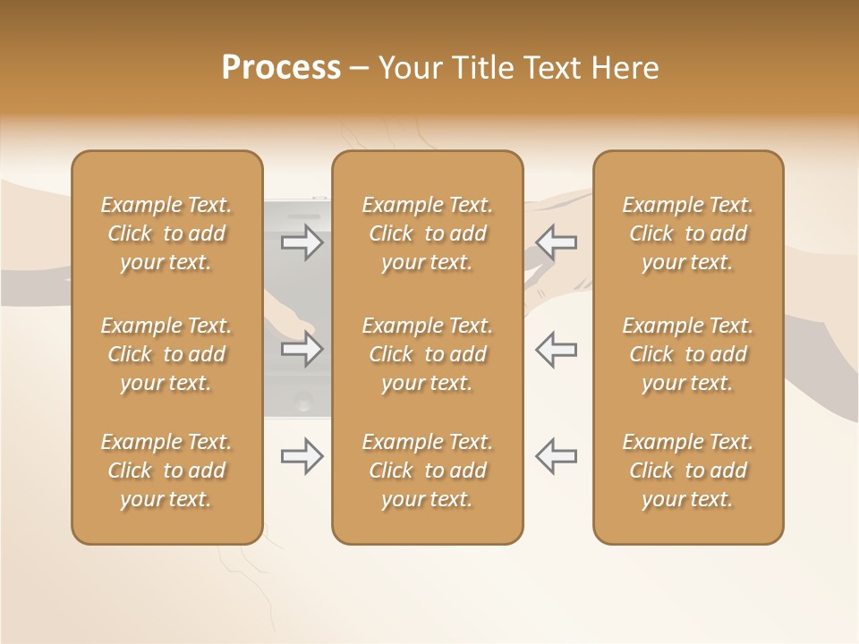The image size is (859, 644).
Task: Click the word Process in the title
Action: coord(281,68)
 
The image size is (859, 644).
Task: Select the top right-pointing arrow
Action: coord(302,242)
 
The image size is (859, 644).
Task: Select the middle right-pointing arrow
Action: coord(302,349)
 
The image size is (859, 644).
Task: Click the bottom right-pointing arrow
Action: coord(302,457)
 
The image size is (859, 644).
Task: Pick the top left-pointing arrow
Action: coord(556,242)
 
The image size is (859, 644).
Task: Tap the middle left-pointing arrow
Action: coord(556,349)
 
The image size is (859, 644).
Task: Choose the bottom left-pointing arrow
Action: coord(556,457)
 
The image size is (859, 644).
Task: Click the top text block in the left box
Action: coord(166,233)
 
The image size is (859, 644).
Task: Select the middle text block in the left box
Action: coord(166,354)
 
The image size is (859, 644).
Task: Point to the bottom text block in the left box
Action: coord(166,470)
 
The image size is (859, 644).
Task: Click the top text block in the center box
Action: coord(427,233)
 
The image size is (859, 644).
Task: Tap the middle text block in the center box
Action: coord(427,354)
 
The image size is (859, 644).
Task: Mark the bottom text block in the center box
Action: coord(427,470)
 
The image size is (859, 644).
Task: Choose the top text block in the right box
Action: coord(687,233)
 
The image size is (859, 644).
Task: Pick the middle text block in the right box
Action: coord(687,354)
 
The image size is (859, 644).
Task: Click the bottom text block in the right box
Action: coord(687,470)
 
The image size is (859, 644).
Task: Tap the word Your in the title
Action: coord(407,68)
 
